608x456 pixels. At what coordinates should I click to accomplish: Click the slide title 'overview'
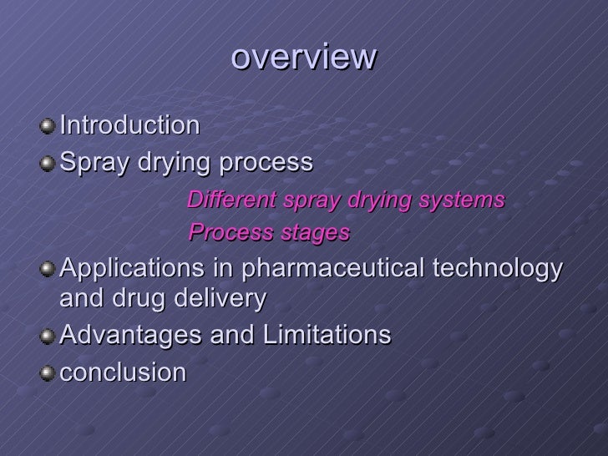(304, 58)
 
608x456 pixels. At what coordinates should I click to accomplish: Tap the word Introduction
(130, 125)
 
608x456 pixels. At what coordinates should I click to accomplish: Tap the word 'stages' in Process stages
(320, 233)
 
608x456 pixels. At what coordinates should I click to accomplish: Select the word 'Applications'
(138, 270)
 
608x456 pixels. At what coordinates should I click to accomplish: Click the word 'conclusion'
(123, 372)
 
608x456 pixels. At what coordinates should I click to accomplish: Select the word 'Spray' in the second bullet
(91, 162)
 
